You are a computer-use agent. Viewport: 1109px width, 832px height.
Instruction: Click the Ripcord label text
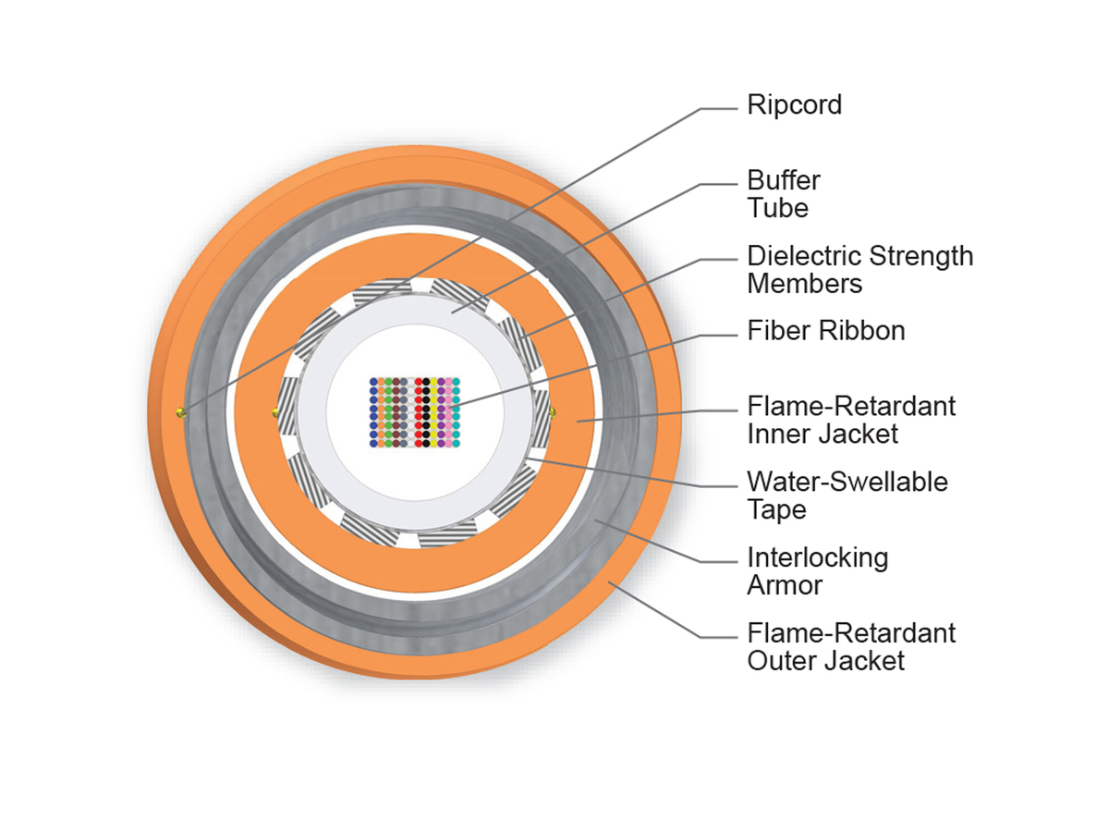click(x=794, y=105)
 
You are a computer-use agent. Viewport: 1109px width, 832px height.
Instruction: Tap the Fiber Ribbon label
click(x=825, y=331)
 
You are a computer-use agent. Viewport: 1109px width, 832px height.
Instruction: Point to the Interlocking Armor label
click(x=817, y=571)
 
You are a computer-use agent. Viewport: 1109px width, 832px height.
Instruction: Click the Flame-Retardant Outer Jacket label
click(x=850, y=646)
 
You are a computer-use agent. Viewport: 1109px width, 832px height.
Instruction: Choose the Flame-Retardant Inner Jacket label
click(x=850, y=419)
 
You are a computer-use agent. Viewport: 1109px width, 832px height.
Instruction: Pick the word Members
click(x=804, y=283)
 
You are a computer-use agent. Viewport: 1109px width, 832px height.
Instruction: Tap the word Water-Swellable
click(x=847, y=482)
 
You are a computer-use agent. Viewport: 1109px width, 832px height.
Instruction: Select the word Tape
click(x=776, y=509)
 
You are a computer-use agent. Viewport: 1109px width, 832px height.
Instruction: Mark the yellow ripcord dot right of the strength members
click(x=552, y=411)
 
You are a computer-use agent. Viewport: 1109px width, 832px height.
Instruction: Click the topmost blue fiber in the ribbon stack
click(x=373, y=381)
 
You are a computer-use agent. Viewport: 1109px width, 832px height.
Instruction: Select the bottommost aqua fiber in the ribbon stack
click(x=456, y=444)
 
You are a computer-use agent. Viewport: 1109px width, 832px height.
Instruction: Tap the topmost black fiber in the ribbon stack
click(x=425, y=381)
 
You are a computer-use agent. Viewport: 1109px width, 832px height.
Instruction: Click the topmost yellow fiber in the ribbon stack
click(x=433, y=381)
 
